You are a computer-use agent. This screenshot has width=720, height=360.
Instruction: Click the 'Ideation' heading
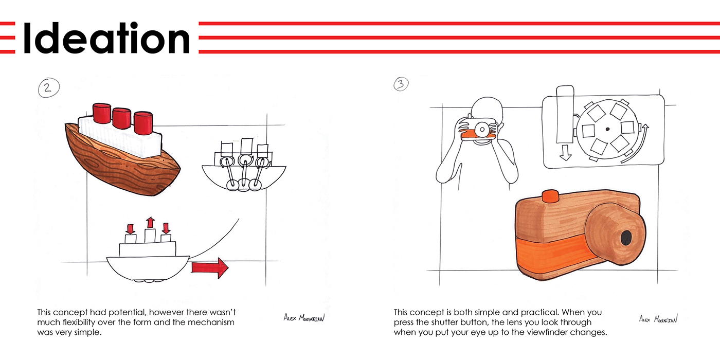[107, 38]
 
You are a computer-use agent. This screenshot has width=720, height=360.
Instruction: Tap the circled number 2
[48, 87]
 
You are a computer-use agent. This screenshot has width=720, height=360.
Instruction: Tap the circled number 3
[401, 84]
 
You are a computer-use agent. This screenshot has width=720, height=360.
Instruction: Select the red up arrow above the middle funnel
[150, 222]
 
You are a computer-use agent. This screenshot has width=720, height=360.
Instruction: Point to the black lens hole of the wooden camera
[626, 238]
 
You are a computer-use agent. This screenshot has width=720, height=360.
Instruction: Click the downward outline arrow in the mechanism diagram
[565, 153]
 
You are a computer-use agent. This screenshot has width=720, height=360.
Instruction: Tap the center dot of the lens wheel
[607, 129]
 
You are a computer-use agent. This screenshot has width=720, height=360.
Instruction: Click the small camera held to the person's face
[478, 130]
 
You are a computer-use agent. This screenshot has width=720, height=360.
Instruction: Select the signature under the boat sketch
[304, 318]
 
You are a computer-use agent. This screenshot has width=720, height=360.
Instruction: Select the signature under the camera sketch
[658, 319]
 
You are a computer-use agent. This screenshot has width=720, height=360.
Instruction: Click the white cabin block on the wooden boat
[120, 137]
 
